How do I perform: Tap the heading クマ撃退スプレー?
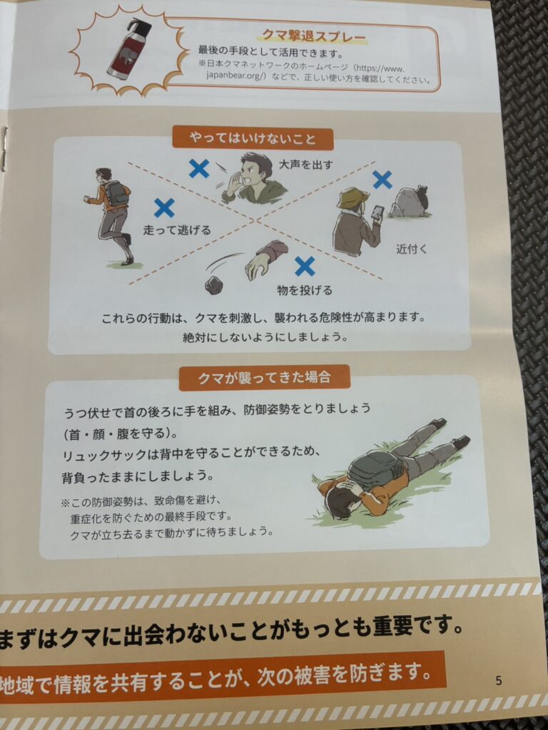(314, 36)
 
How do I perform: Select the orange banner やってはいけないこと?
(253, 139)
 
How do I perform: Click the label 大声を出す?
(305, 165)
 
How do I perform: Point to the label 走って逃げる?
(177, 230)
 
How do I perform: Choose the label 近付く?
(412, 249)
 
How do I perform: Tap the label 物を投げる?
(305, 291)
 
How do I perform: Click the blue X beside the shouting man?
(199, 168)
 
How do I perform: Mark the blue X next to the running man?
(164, 208)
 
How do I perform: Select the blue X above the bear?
(382, 180)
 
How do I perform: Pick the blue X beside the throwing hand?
(305, 267)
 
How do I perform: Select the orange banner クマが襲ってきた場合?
(264, 378)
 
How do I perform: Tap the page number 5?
(499, 681)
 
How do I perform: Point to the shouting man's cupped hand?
(234, 183)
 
